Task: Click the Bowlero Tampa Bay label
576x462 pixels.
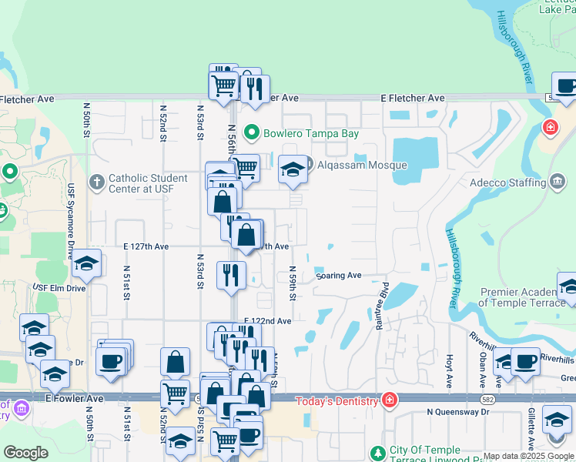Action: pos(311,133)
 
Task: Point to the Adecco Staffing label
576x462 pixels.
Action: pos(508,182)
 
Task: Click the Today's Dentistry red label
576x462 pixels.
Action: pos(338,400)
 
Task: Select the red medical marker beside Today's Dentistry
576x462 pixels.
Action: pos(390,400)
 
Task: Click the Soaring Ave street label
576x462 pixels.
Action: pos(338,275)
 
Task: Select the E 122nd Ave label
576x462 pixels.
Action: pos(268,320)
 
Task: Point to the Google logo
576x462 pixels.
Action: pos(25,453)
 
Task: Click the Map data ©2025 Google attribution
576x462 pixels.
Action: pos(528,457)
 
